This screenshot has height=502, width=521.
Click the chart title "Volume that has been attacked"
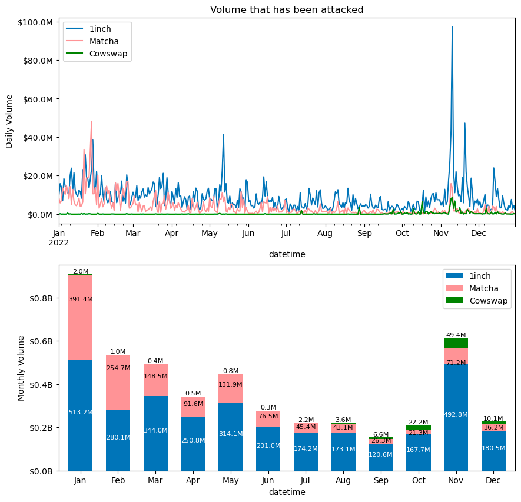click(x=287, y=9)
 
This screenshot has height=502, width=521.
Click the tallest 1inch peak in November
click(x=452, y=27)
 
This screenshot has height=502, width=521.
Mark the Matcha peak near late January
click(x=91, y=122)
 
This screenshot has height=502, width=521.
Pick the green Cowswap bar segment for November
click(x=456, y=343)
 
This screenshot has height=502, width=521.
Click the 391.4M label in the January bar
click(x=80, y=299)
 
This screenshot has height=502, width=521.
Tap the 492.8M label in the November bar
click(x=456, y=415)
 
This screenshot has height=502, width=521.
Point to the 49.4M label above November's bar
click(x=456, y=335)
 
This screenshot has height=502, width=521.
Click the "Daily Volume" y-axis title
click(x=9, y=121)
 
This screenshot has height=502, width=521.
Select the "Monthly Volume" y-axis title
click(x=21, y=368)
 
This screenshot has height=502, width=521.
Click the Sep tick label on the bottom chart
click(x=380, y=481)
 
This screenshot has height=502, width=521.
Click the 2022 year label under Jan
click(x=59, y=242)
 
